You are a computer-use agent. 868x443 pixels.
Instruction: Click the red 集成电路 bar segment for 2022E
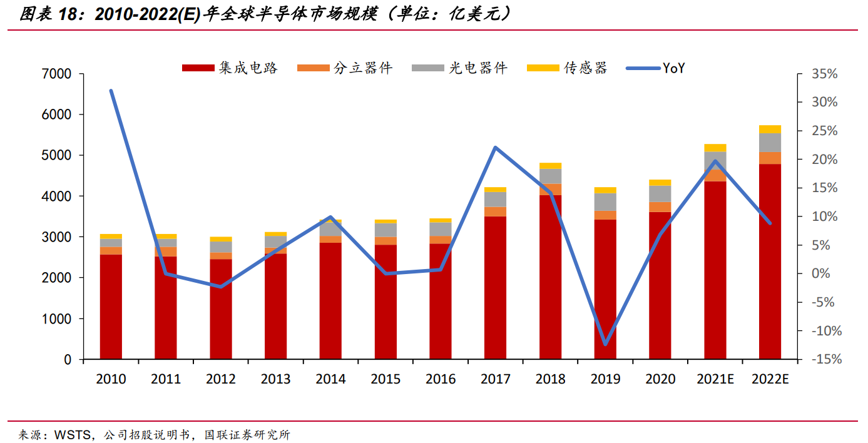tap(770, 263)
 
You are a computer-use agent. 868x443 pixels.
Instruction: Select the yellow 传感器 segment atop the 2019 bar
tap(605, 190)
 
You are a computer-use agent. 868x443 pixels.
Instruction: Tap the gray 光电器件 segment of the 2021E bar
tap(715, 161)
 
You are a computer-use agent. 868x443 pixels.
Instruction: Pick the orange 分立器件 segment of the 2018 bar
tap(550, 190)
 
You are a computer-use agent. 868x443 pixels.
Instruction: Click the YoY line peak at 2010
tap(111, 91)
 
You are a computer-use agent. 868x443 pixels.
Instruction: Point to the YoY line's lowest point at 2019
tap(605, 344)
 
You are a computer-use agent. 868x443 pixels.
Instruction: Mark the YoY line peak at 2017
tap(495, 148)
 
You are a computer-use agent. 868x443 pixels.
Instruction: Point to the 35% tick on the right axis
tap(824, 74)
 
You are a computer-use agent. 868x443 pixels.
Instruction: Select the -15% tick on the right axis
tap(824, 360)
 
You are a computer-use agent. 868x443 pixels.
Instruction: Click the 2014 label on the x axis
tap(330, 379)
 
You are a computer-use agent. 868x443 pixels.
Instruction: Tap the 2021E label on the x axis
tap(715, 379)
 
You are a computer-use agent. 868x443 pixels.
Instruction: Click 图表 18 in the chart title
tap(50, 14)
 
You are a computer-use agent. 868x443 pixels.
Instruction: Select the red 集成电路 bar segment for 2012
tap(220, 310)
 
